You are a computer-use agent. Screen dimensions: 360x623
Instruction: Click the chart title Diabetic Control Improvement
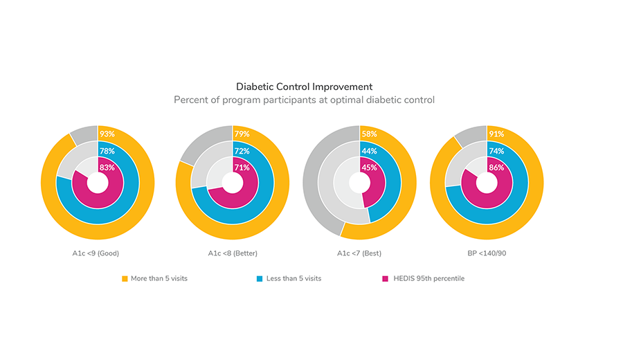(304, 87)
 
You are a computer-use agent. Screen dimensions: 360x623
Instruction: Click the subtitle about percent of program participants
(304, 100)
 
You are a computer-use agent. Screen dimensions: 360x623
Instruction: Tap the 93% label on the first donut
(107, 134)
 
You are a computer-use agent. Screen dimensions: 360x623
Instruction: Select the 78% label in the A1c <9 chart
(107, 151)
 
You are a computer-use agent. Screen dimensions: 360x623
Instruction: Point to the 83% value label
(107, 167)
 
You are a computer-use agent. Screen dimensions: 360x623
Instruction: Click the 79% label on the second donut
(242, 134)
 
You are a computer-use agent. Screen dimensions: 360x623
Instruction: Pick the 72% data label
(242, 151)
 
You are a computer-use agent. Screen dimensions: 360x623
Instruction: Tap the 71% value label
(242, 167)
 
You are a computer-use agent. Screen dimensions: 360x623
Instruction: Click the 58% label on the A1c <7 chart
(368, 134)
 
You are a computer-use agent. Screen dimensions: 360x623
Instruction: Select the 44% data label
(368, 151)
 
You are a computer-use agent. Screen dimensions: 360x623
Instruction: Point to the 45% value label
(368, 167)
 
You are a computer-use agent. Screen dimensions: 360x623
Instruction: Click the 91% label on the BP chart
(496, 134)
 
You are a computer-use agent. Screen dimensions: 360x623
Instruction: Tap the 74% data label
(496, 151)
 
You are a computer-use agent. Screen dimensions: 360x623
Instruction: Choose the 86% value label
(496, 167)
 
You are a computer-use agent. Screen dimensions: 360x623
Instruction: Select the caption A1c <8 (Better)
(233, 253)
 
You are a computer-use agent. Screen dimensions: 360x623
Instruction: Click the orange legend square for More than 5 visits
(125, 278)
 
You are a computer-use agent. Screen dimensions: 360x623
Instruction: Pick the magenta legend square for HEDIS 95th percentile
(385, 278)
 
